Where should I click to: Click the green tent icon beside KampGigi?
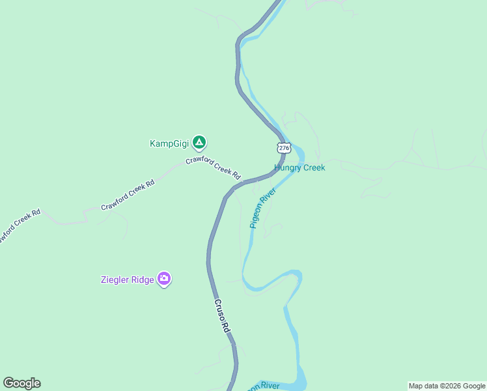(199, 142)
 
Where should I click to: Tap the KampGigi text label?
(169, 143)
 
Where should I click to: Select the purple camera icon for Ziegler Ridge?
(164, 280)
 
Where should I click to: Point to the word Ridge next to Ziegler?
(143, 280)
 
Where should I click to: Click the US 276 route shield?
(283, 147)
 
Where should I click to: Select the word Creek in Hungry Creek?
(313, 167)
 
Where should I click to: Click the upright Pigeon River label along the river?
(262, 208)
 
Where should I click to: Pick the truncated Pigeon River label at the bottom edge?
(262, 386)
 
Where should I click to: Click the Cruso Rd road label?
(222, 317)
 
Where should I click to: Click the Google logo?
(21, 383)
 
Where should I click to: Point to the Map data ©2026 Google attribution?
(447, 386)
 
